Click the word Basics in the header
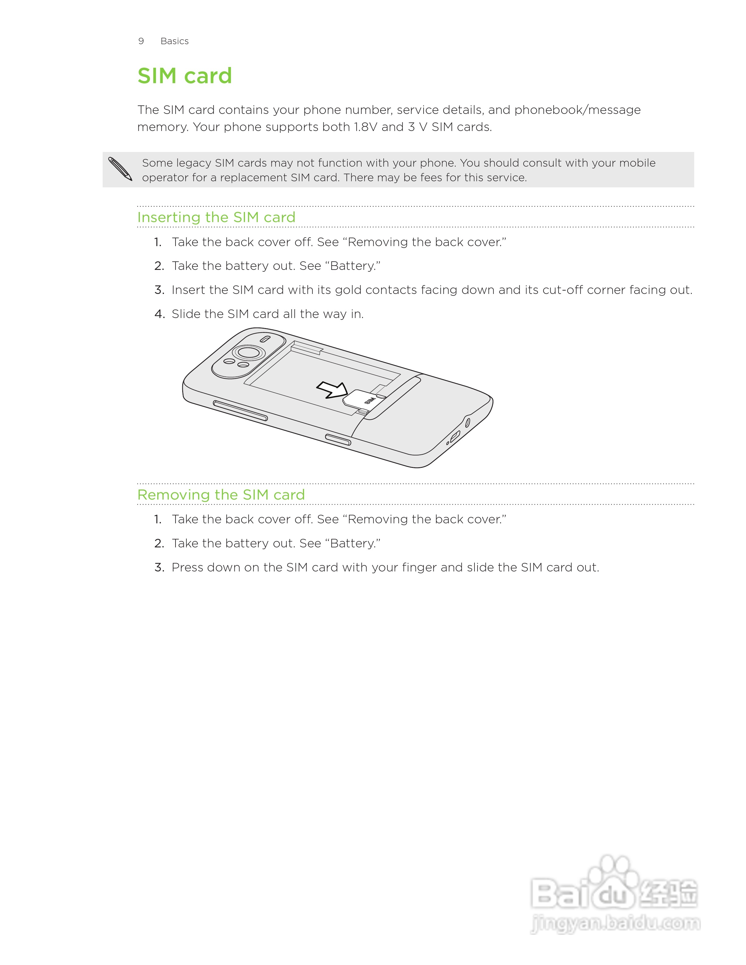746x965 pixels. pyautogui.click(x=175, y=41)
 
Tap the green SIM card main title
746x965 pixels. pyautogui.click(x=185, y=76)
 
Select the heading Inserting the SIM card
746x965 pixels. pyautogui.click(x=216, y=217)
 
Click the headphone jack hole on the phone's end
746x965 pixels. pyautogui.click(x=467, y=423)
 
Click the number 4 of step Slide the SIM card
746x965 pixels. pyautogui.click(x=159, y=314)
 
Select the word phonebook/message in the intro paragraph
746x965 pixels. pyautogui.click(x=577, y=110)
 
